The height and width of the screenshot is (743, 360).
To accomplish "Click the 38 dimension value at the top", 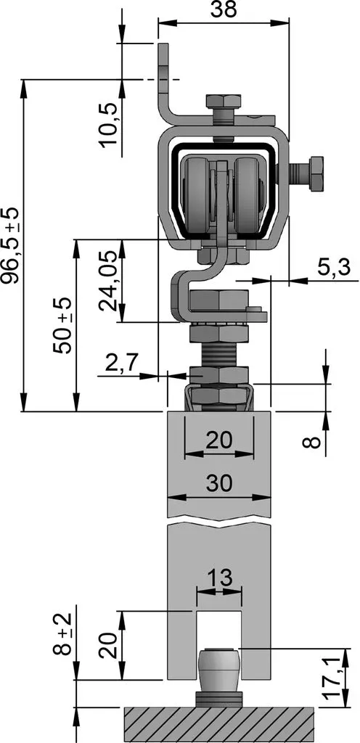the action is pos(223,9).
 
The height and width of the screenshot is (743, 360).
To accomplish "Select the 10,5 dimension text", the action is pos(108,126).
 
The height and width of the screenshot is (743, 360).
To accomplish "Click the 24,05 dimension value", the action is pos(108,281).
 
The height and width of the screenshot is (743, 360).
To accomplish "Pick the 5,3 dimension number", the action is pos(333,268).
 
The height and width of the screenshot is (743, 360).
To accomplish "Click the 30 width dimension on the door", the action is pos(219,483).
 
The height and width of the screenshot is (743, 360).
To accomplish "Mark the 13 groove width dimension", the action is pos(220,578).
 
